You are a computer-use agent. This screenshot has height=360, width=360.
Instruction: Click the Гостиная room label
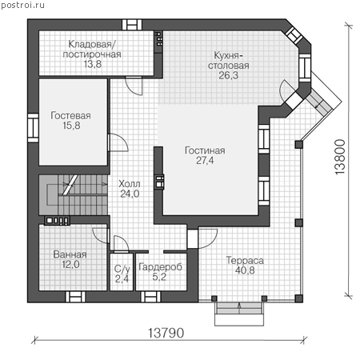pyautogui.click(x=205, y=150)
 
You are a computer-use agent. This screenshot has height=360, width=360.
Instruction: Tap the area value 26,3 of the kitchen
pyautogui.click(x=229, y=75)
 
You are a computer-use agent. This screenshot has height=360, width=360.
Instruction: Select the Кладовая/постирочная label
pyautogui.click(x=92, y=50)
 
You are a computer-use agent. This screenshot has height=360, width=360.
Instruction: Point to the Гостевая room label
pyautogui.click(x=70, y=115)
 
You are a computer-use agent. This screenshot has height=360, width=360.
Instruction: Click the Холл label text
pyautogui.click(x=130, y=184)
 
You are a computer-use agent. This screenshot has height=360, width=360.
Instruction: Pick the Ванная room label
pyautogui.click(x=70, y=254)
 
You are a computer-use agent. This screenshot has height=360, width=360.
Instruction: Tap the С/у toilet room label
pyautogui.click(x=122, y=269)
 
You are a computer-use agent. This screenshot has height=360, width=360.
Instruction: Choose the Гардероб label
pyautogui.click(x=160, y=267)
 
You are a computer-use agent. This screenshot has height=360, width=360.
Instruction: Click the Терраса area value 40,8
pyautogui.click(x=245, y=270)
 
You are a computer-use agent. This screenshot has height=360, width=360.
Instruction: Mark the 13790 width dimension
pyautogui.click(x=166, y=333)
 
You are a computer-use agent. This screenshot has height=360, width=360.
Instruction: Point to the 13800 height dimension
pyautogui.click(x=340, y=157)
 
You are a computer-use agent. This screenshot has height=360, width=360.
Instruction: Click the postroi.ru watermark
pyautogui.click(x=22, y=6)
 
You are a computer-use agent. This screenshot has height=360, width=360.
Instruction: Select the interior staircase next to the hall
pyautogui.click(x=74, y=195)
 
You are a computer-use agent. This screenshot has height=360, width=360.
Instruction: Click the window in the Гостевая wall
pyautogui.click(x=34, y=128)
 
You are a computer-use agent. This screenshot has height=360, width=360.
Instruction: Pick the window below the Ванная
pyautogui.click(x=75, y=297)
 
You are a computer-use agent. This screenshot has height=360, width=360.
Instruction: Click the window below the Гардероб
pyautogui.click(x=150, y=297)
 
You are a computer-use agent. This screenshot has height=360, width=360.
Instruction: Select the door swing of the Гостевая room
pyautogui.click(x=118, y=142)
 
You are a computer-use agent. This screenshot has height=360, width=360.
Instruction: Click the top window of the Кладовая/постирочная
pyautogui.click(x=132, y=25)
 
